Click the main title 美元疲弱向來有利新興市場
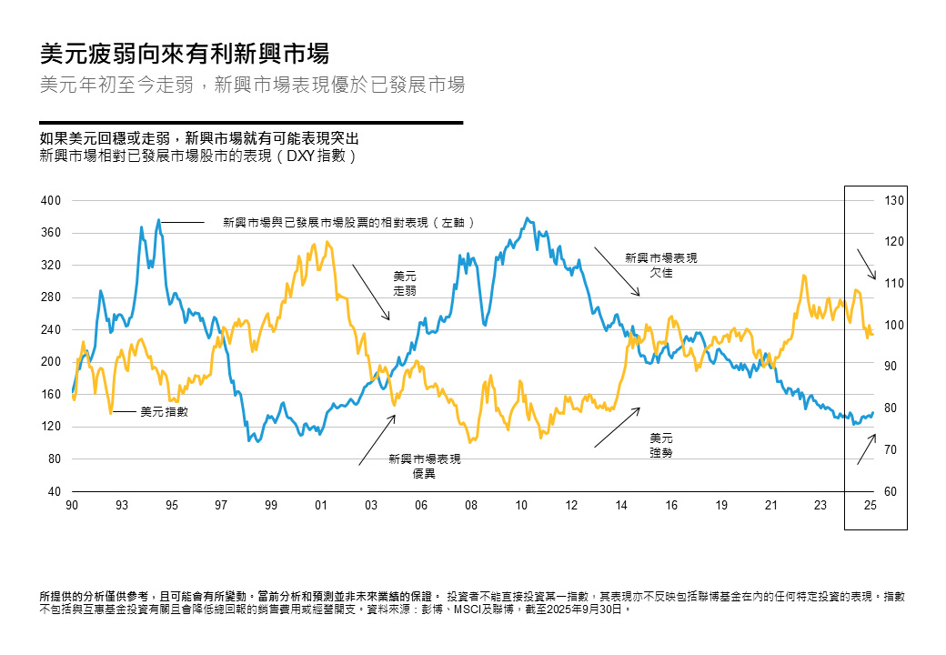click(x=185, y=54)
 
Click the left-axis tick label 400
click(x=53, y=200)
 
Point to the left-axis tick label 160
click(x=53, y=395)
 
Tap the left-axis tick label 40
click(x=55, y=492)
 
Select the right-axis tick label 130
click(x=893, y=200)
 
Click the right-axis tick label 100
click(x=893, y=326)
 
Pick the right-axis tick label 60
click(x=891, y=492)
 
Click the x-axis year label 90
click(x=72, y=505)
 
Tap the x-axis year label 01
click(x=320, y=505)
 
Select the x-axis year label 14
click(x=620, y=505)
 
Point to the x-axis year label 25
click(x=870, y=505)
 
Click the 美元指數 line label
click(x=164, y=412)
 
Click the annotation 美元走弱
click(x=405, y=283)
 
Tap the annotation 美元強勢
click(x=661, y=445)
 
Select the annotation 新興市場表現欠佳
click(x=661, y=266)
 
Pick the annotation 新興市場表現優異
click(x=424, y=467)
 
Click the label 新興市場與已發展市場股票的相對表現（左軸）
click(x=350, y=222)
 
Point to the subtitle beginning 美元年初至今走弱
click(x=253, y=86)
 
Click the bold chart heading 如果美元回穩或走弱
click(x=200, y=139)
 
